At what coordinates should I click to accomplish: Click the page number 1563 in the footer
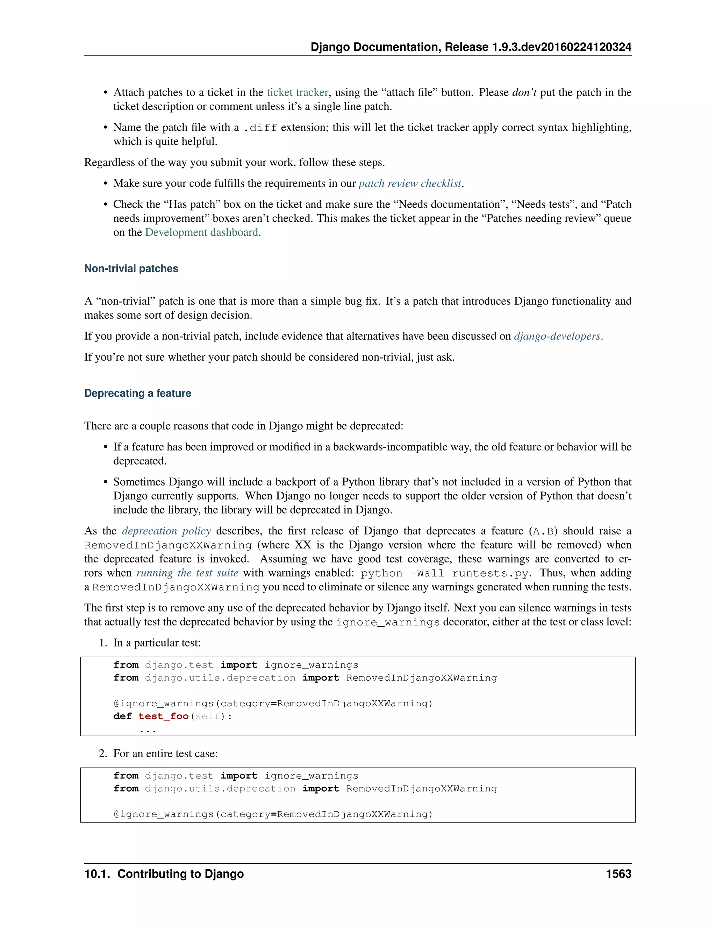tap(618, 874)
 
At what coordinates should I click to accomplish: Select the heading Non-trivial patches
tap(131, 269)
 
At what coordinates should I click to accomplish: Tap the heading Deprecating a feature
tap(137, 394)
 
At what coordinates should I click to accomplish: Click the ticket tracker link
tap(298, 93)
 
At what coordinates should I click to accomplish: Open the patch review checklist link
tap(410, 183)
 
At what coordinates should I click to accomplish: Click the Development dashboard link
tap(201, 233)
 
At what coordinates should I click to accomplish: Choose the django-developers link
tap(557, 336)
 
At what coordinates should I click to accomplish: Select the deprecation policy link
tap(166, 531)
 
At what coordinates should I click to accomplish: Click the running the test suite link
tap(187, 573)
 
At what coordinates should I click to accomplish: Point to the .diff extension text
tap(260, 128)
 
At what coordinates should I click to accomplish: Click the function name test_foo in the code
tap(163, 716)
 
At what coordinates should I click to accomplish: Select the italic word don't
tap(524, 93)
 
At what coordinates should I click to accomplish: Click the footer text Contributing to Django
tap(180, 874)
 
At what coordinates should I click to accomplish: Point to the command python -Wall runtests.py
tap(445, 573)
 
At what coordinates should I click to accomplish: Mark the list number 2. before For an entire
tap(103, 753)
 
